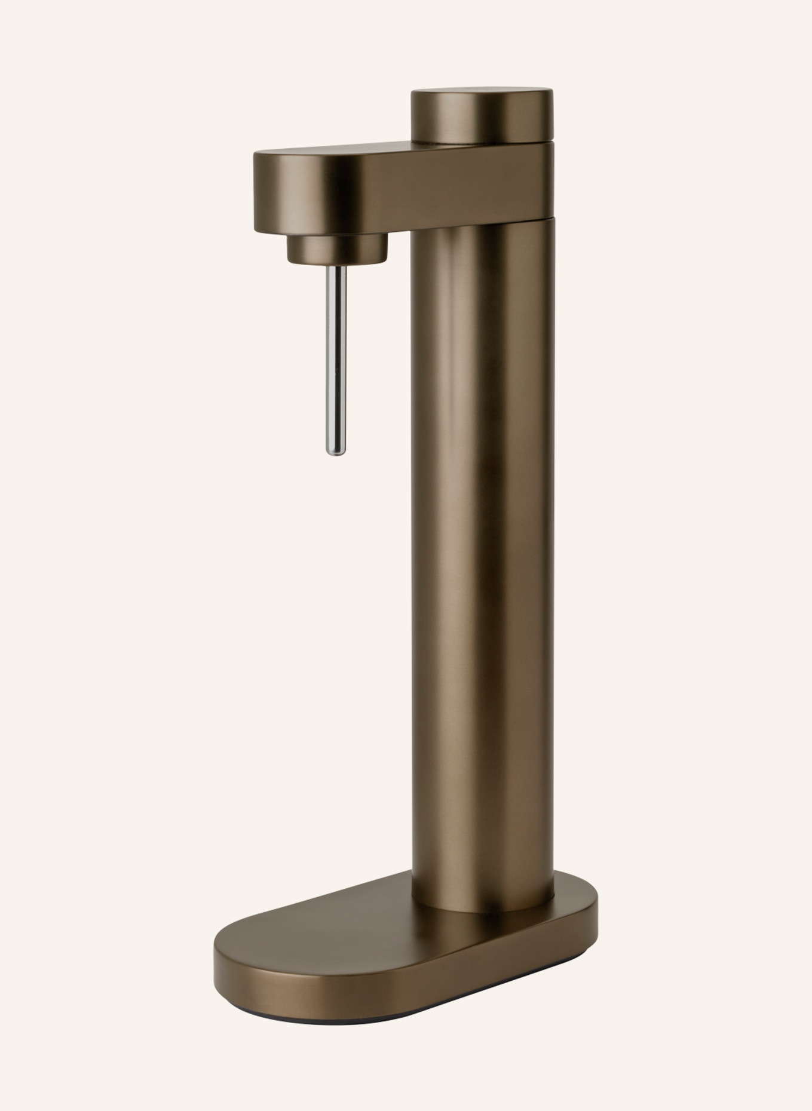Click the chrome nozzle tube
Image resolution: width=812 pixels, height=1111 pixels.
[336, 358]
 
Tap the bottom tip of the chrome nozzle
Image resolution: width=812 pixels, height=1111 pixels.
[336, 452]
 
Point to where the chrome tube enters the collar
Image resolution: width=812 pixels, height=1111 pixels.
[337, 265]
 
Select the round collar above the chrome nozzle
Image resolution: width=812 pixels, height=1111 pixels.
[336, 247]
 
